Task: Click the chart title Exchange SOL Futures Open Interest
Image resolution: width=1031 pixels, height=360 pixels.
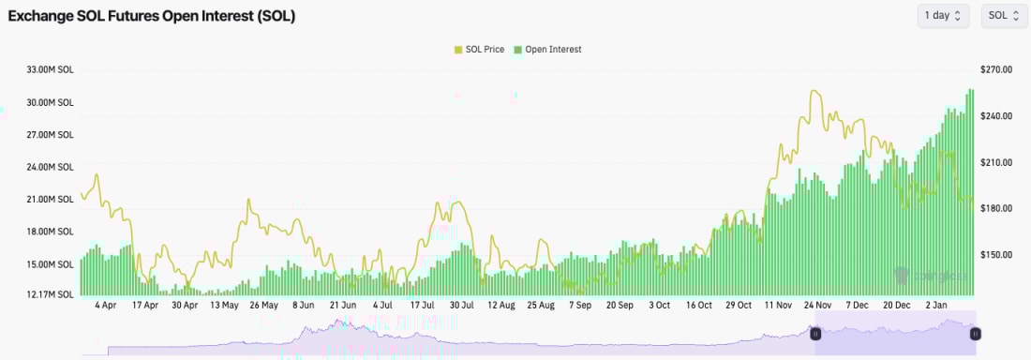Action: pyautogui.click(x=152, y=16)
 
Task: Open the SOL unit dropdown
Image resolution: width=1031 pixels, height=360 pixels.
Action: pyautogui.click(x=1004, y=16)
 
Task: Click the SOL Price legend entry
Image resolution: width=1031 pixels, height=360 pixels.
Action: pyautogui.click(x=479, y=50)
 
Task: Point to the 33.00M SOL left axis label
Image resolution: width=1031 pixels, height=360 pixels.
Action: pyautogui.click(x=52, y=69)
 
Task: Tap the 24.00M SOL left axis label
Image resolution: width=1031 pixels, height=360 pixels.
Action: pyautogui.click(x=52, y=167)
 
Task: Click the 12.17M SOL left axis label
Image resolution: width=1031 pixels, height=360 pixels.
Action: pyautogui.click(x=52, y=294)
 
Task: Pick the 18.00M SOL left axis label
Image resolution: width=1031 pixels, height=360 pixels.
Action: pyautogui.click(x=52, y=232)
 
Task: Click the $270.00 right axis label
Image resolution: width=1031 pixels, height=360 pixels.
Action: pyautogui.click(x=999, y=69)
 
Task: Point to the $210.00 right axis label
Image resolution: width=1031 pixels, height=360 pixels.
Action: pyautogui.click(x=999, y=162)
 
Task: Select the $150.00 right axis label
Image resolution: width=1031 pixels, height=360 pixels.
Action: pyautogui.click(x=999, y=254)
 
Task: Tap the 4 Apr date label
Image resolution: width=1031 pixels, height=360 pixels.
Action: pyautogui.click(x=105, y=306)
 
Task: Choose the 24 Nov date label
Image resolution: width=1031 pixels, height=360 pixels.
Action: pyautogui.click(x=818, y=306)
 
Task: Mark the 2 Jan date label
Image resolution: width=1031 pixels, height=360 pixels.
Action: pyautogui.click(x=939, y=306)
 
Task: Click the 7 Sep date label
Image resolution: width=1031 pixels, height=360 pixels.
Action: pyautogui.click(x=580, y=306)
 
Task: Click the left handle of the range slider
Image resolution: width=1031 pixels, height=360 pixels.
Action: pyautogui.click(x=815, y=334)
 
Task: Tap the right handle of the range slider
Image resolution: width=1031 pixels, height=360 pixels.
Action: pyautogui.click(x=976, y=334)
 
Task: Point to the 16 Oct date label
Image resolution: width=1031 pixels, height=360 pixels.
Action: pyautogui.click(x=699, y=306)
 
